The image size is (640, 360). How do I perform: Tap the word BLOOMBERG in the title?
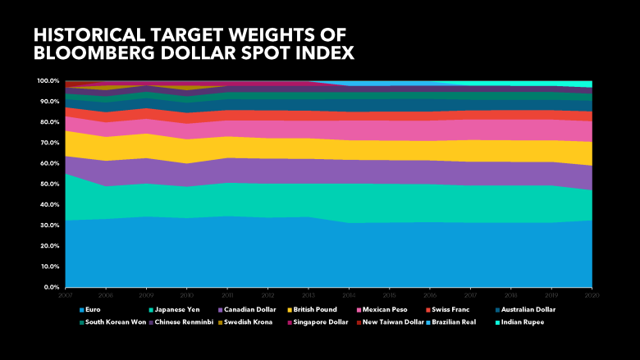click(x=97, y=53)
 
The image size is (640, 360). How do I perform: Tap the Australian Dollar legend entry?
click(x=525, y=310)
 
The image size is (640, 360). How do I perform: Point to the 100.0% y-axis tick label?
click(x=47, y=81)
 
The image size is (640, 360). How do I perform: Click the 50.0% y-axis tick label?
click(x=48, y=185)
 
